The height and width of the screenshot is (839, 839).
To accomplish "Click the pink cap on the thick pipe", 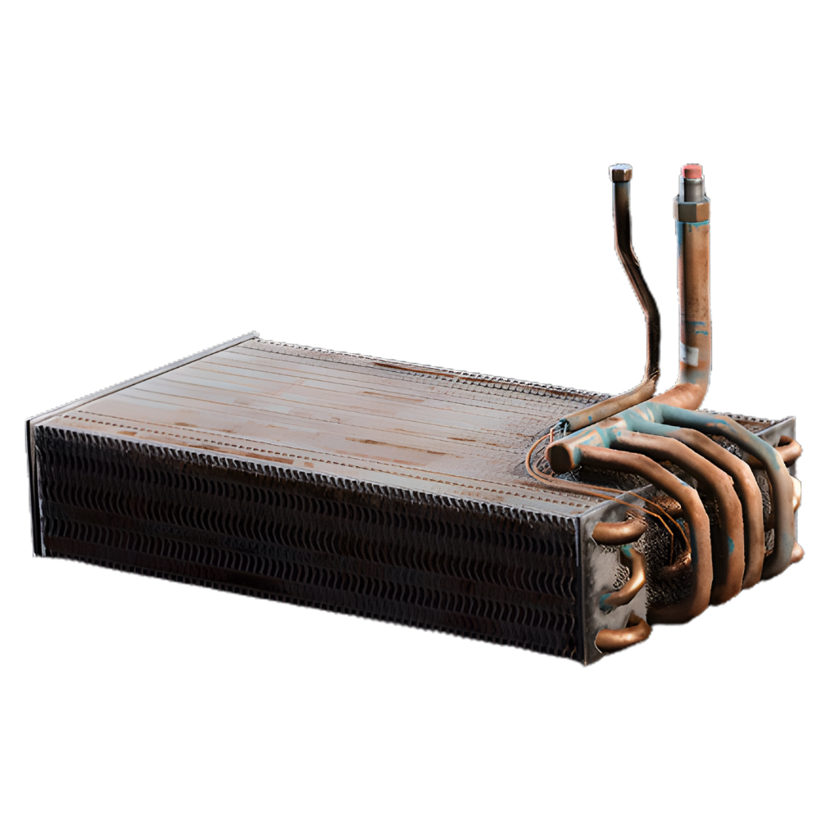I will [x=692, y=171].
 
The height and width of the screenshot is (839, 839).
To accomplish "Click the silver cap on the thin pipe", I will [x=620, y=173].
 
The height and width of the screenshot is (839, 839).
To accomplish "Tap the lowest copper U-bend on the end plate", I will [x=621, y=634].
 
